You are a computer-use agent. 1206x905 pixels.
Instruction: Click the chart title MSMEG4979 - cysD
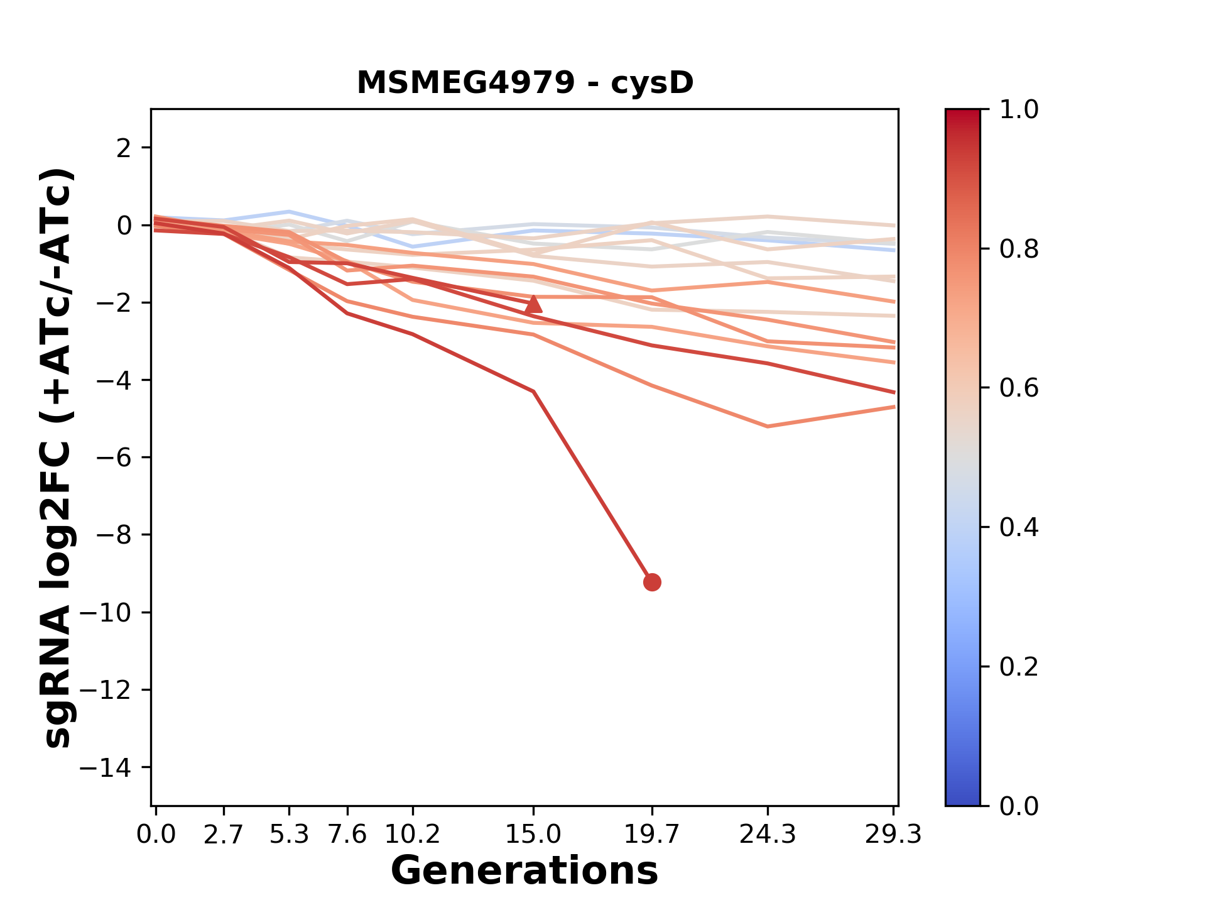pyautogui.click(x=525, y=83)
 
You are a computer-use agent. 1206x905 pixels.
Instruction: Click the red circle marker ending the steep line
pyautogui.click(x=652, y=583)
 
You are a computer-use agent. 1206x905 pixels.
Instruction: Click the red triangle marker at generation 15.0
pyautogui.click(x=533, y=305)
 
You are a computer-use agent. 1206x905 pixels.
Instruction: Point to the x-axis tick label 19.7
pyautogui.click(x=652, y=835)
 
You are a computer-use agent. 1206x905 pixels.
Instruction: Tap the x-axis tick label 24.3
pyautogui.click(x=768, y=835)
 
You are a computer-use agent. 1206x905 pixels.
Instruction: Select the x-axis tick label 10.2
pyautogui.click(x=412, y=835)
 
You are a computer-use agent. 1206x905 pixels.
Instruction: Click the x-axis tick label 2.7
pyautogui.click(x=224, y=835)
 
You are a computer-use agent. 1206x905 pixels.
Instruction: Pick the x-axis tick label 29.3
pyautogui.click(x=893, y=835)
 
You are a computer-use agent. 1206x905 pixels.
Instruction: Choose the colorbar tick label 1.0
pyautogui.click(x=1019, y=110)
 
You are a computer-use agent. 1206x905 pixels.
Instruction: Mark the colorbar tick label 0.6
pyautogui.click(x=1019, y=388)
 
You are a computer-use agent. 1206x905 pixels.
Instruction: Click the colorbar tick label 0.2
pyautogui.click(x=1019, y=667)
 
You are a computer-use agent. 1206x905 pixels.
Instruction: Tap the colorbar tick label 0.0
pyautogui.click(x=1019, y=806)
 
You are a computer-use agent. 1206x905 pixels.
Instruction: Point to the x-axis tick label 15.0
pyautogui.click(x=533, y=835)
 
